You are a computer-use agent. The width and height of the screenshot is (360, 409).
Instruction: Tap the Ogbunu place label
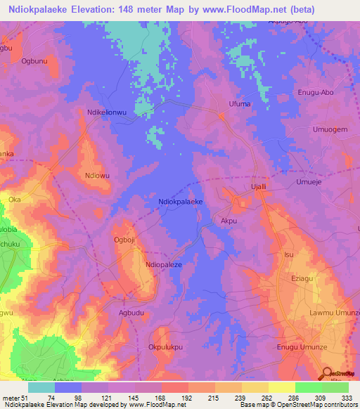[34, 61]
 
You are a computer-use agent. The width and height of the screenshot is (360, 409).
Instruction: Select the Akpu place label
[231, 220]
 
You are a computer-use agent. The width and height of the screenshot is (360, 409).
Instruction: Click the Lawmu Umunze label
[335, 312]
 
